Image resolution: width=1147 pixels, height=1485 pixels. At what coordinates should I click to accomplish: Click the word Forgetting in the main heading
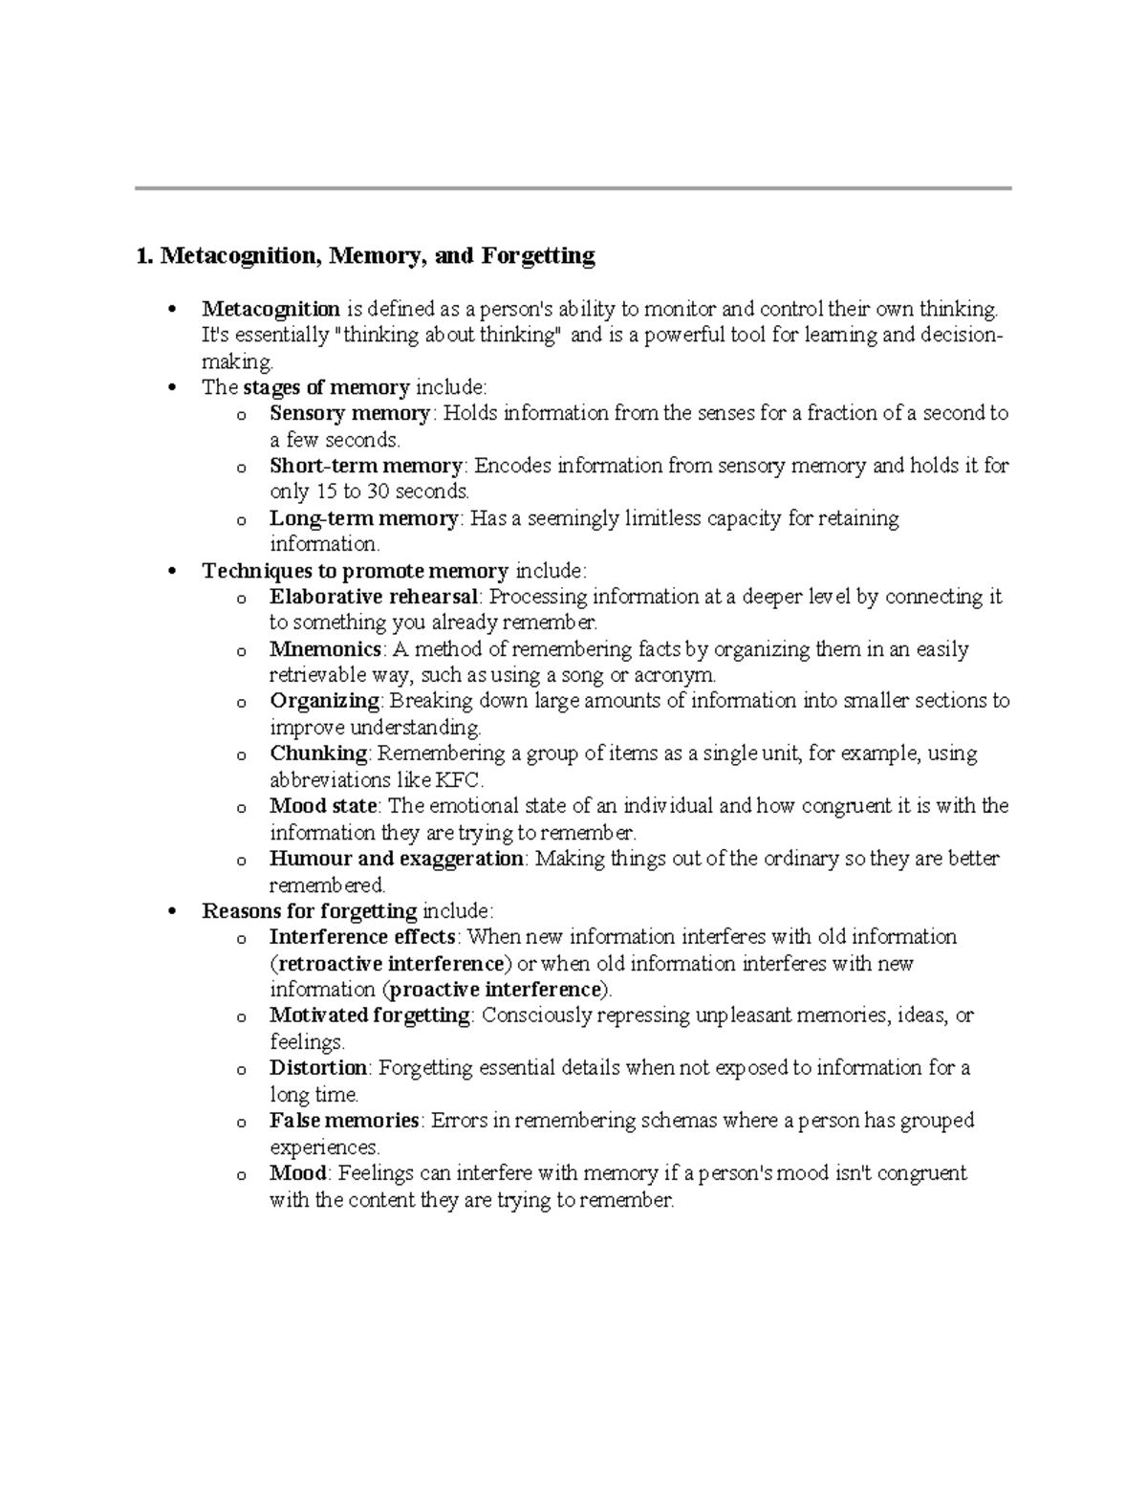point(538,256)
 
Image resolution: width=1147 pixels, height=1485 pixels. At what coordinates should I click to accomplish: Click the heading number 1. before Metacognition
point(144,256)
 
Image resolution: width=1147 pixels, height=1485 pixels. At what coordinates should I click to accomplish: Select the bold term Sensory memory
point(350,413)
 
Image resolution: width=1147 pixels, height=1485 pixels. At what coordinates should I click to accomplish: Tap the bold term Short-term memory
point(366,466)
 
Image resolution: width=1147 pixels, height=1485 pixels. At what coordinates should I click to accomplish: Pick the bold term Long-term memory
point(364,518)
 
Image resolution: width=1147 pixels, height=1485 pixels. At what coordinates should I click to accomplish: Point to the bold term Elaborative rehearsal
point(374,597)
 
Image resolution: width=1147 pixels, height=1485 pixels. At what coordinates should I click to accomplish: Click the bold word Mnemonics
point(326,649)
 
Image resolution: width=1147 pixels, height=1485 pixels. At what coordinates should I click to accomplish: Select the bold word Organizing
point(325,701)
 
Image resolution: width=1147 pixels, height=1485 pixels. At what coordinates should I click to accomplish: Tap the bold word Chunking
point(318,753)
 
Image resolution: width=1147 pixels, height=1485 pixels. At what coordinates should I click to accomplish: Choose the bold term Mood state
point(324,806)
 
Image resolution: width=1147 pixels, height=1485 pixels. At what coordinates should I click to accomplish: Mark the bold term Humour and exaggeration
point(397,859)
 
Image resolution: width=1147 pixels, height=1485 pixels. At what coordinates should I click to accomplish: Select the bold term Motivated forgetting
point(370,1015)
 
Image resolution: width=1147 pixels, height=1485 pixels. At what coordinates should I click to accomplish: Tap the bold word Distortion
point(318,1067)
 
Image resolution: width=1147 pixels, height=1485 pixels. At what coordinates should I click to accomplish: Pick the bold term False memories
point(344,1120)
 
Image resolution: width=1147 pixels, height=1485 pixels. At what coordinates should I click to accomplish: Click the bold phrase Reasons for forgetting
point(310,910)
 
